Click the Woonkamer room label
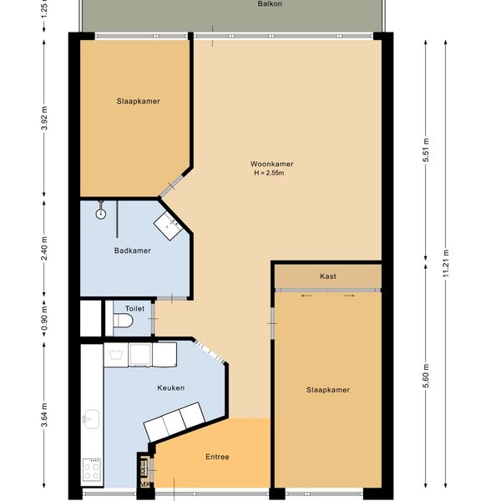click(x=271, y=164)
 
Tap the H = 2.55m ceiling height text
click(x=269, y=173)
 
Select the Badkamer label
click(x=132, y=250)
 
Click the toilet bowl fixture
click(x=123, y=321)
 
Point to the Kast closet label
click(x=328, y=276)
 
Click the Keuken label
click(x=171, y=388)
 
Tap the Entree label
click(x=217, y=457)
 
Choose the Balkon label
click(x=270, y=4)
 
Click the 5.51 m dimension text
click(x=426, y=149)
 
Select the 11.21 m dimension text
click(x=446, y=263)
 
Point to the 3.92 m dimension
click(x=44, y=119)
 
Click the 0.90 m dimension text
click(x=44, y=319)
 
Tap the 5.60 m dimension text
click(x=426, y=376)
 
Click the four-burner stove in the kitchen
click(x=92, y=469)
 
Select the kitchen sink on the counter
click(x=92, y=418)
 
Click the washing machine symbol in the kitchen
click(x=116, y=355)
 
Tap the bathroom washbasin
click(x=169, y=225)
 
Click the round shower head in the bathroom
click(x=101, y=214)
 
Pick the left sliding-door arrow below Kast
click(x=306, y=296)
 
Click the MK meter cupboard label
click(x=145, y=484)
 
